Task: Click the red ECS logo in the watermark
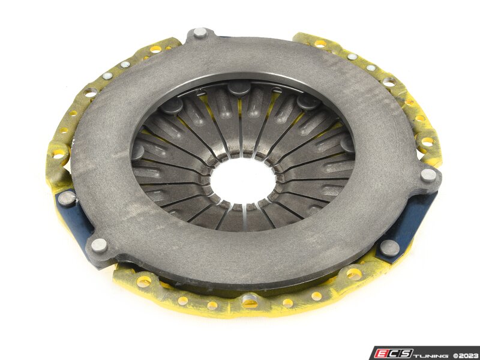click(394, 353)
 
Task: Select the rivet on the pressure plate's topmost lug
click(200, 32)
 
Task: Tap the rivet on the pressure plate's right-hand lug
click(428, 175)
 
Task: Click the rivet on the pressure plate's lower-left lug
click(99, 245)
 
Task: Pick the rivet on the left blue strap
click(67, 198)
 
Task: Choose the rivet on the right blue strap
click(389, 247)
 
